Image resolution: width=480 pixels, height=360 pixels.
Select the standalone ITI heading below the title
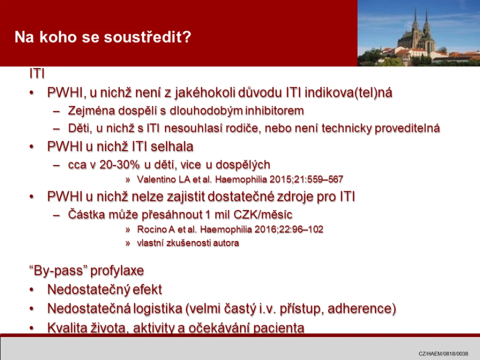(37, 74)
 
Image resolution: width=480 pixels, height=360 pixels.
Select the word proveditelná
(407, 128)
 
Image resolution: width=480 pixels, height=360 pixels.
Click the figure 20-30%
(120, 165)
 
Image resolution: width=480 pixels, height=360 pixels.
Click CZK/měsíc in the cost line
(263, 215)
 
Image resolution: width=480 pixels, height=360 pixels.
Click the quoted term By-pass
(58, 271)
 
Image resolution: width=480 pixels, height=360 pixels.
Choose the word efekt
(148, 290)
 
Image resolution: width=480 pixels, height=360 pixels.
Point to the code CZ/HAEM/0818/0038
(443, 353)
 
